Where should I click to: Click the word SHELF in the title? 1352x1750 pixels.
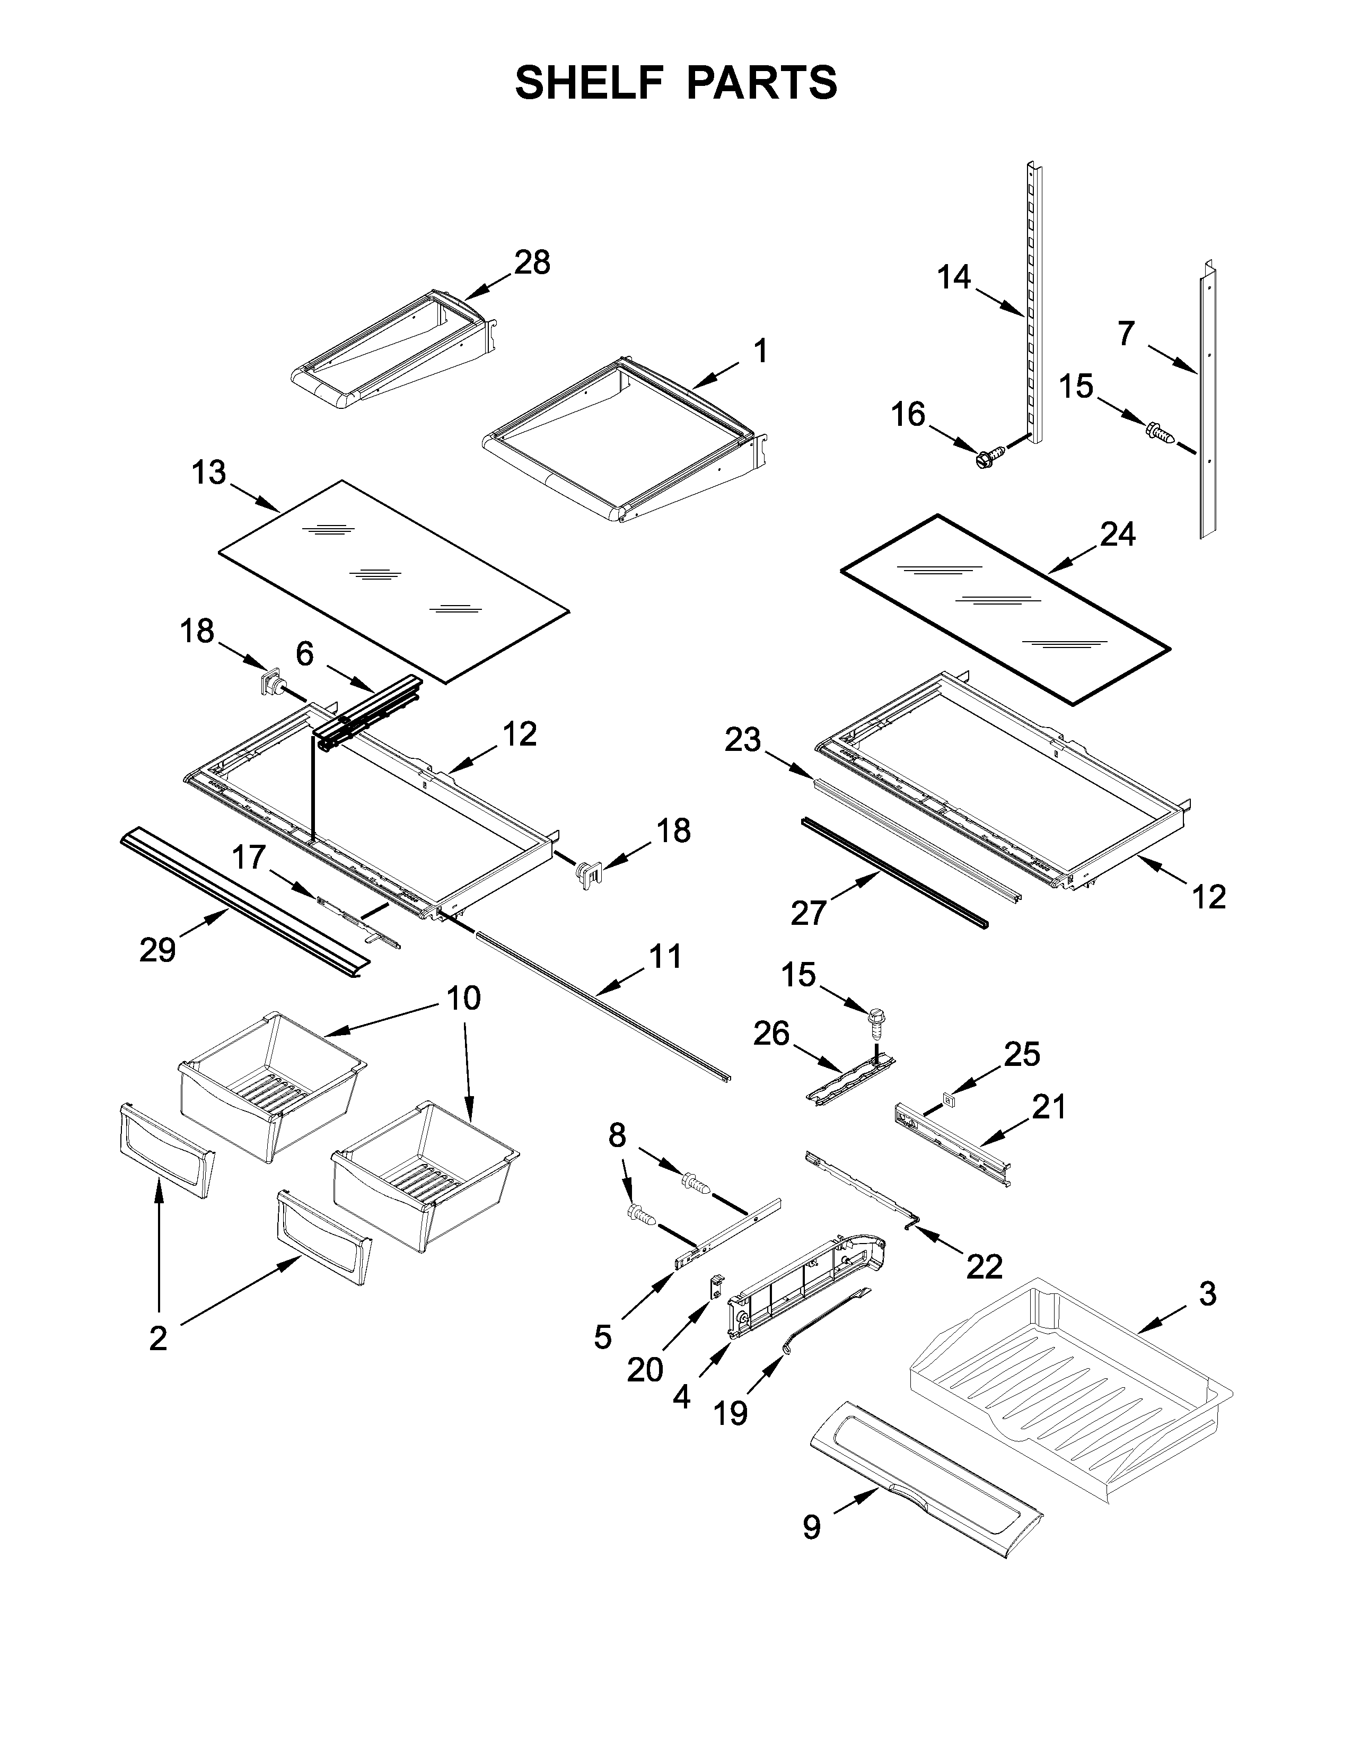pos(589,83)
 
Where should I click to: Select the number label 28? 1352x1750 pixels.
pos(532,263)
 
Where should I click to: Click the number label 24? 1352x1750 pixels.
pos(1117,533)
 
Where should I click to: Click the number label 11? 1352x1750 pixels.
pos(665,956)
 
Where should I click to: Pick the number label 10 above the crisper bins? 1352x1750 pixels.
pos(463,999)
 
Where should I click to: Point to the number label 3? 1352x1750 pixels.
pos(1208,1294)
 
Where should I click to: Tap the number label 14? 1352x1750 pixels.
pos(954,278)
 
